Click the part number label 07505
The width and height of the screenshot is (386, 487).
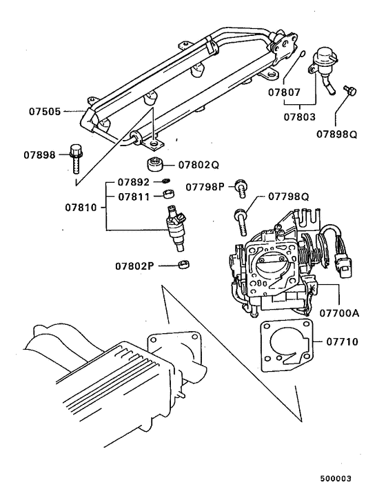[45, 109]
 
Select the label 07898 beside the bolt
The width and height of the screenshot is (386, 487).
[45, 155]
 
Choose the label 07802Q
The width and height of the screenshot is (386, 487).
[199, 166]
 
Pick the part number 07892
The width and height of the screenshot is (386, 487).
[133, 183]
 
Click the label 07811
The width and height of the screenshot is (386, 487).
[133, 197]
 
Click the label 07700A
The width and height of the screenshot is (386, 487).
[339, 312]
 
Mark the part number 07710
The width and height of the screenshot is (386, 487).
[342, 341]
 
